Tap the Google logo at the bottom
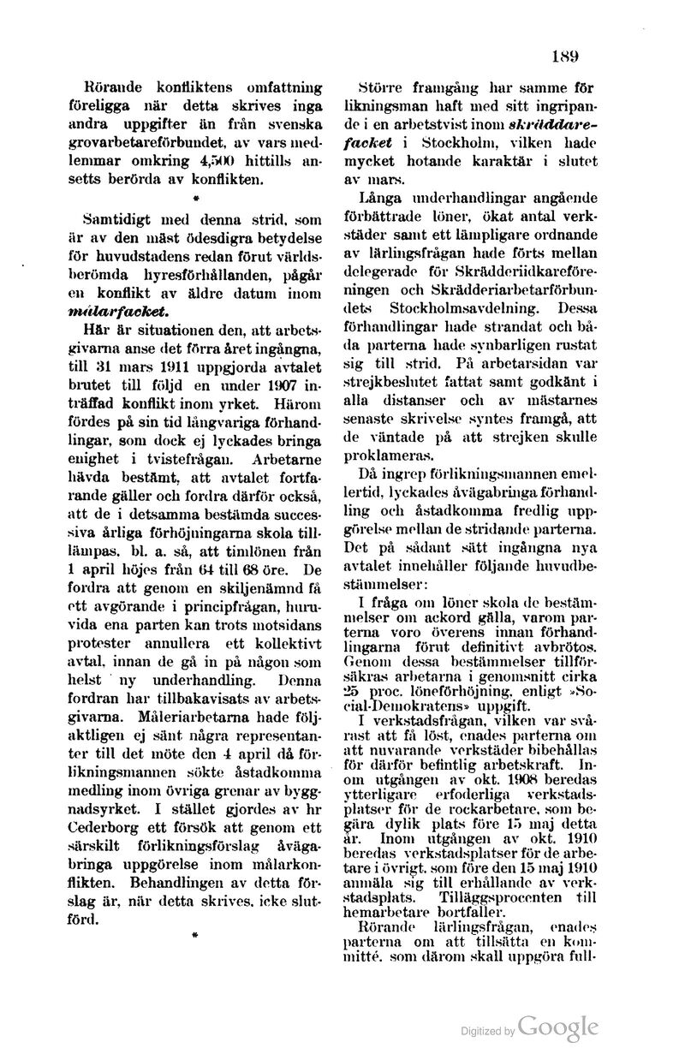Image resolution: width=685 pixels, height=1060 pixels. click(557, 1027)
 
